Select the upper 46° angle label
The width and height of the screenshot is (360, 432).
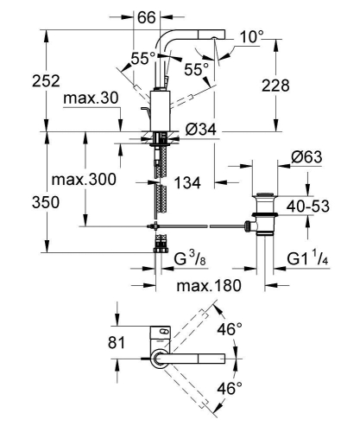pyautogui.click(x=231, y=329)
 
